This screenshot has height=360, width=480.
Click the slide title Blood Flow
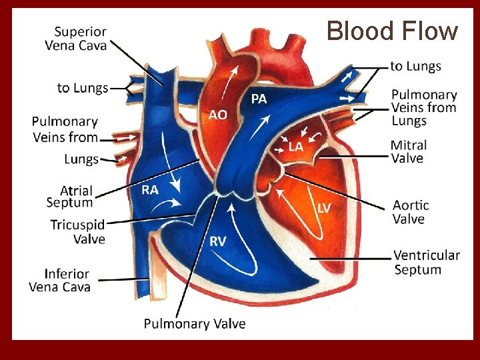pyautogui.click(x=392, y=31)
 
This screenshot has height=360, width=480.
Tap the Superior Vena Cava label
pyautogui.click(x=76, y=38)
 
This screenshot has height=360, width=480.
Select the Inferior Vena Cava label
pyautogui.click(x=59, y=280)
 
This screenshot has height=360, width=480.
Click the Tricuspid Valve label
pyautogui.click(x=77, y=231)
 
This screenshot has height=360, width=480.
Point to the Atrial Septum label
pyautogui.click(x=69, y=197)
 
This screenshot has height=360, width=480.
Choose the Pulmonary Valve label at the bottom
pyautogui.click(x=195, y=324)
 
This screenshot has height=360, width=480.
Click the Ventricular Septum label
pyautogui.click(x=426, y=262)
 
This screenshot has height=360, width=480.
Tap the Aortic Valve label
pyautogui.click(x=410, y=211)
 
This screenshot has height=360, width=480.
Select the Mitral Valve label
pyautogui.click(x=408, y=151)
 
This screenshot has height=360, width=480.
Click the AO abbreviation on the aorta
pyautogui.click(x=218, y=115)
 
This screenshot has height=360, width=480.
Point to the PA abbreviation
pyautogui.click(x=259, y=99)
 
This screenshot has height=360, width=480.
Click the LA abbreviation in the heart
pyautogui.click(x=296, y=146)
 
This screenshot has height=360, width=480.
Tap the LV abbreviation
pyautogui.click(x=323, y=208)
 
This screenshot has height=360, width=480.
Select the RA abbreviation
pyautogui.click(x=150, y=190)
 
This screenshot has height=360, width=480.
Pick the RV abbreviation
pyautogui.click(x=218, y=241)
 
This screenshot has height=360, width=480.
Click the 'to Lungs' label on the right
pyautogui.click(x=415, y=66)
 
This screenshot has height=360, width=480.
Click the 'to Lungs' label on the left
pyautogui.click(x=83, y=88)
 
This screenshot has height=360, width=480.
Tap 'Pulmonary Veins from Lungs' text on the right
pyautogui.click(x=423, y=107)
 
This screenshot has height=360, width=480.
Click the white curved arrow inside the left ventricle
pyautogui.click(x=300, y=213)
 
